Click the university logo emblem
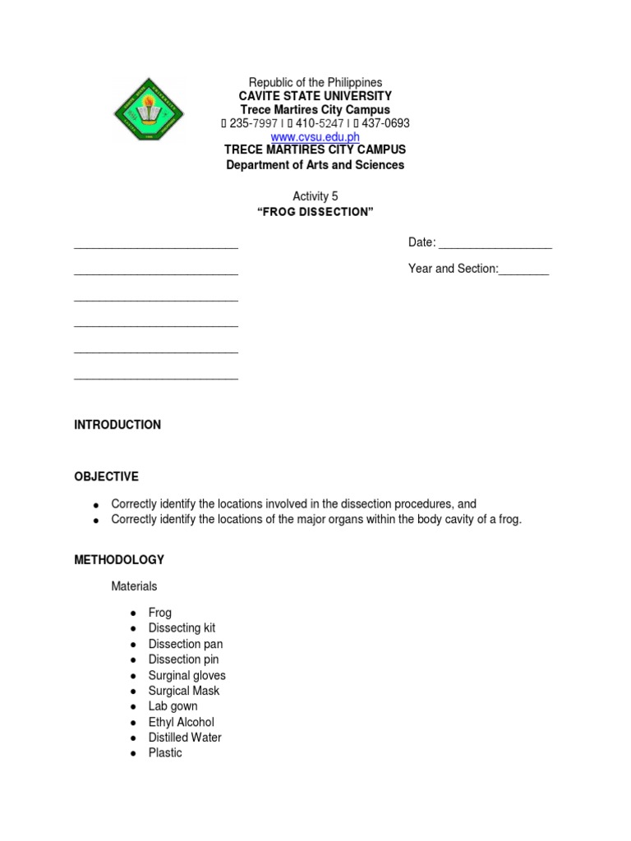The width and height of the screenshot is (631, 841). click(x=148, y=109)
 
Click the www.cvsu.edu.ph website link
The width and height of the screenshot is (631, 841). click(x=315, y=137)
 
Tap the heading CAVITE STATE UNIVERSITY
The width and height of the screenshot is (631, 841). click(x=315, y=96)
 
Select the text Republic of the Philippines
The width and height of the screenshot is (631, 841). click(x=315, y=83)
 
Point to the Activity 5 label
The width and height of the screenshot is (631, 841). click(x=315, y=196)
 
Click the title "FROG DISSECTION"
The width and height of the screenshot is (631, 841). click(x=315, y=212)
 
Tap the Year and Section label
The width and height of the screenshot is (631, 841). click(x=453, y=269)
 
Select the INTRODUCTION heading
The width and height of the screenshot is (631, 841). click(x=117, y=425)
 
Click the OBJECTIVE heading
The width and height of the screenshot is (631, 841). click(x=106, y=476)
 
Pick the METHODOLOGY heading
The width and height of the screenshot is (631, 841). click(x=119, y=559)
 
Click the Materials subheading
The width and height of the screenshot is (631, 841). click(x=134, y=586)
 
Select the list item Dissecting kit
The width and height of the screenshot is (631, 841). click(x=182, y=628)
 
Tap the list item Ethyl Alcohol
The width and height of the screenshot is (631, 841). click(x=181, y=722)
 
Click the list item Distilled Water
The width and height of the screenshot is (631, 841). click(x=185, y=738)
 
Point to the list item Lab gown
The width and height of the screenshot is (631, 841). click(x=173, y=706)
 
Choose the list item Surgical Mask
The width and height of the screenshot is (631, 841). click(x=184, y=691)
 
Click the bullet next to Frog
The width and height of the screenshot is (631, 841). click(x=131, y=614)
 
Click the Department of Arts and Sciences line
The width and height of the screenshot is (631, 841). click(x=315, y=165)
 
